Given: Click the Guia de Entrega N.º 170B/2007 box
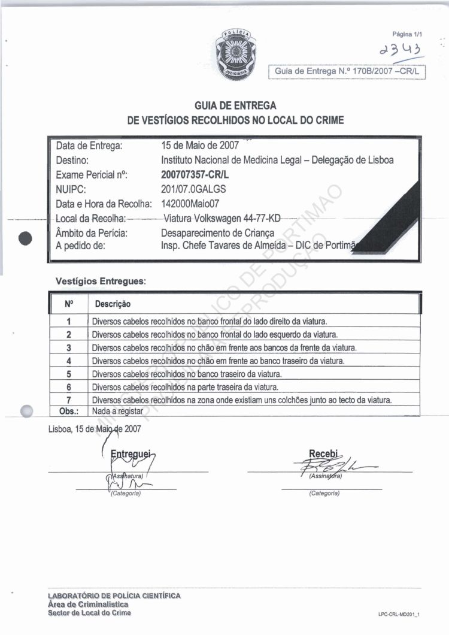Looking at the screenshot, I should pos(347,72).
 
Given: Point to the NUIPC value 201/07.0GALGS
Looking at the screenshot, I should pos(194,189).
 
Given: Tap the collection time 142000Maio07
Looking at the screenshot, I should pos(190,203).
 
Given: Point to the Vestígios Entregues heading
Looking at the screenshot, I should pos(101,280).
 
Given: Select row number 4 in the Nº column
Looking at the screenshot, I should pos(69,361).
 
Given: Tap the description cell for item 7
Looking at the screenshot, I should pos(242,400).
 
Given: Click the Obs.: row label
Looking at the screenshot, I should pos(69,411).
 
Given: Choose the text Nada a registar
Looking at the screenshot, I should pos(117,411).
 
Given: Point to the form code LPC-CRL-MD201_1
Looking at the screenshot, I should pos(399,615).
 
